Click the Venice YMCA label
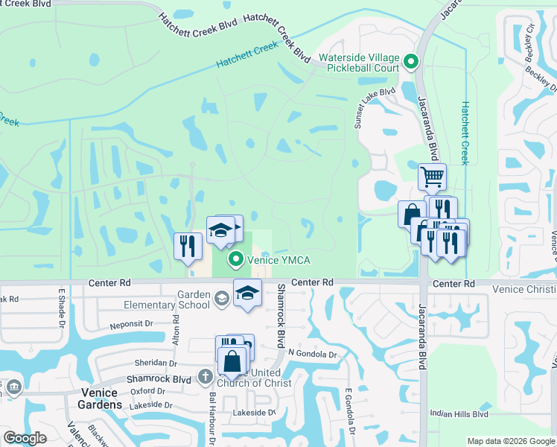(x=278, y=259)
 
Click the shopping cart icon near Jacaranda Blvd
(x=432, y=177)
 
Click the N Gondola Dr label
(x=313, y=355)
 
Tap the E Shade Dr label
(x=63, y=305)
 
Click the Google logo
(x=25, y=437)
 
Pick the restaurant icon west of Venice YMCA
(x=188, y=246)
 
